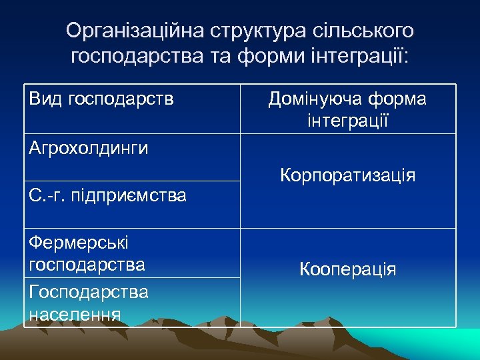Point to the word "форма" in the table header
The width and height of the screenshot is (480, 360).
pyautogui.click(x=399, y=99)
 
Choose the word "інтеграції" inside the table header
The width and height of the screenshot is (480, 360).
pyautogui.click(x=348, y=121)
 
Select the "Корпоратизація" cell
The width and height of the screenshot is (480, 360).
pyautogui.click(x=348, y=176)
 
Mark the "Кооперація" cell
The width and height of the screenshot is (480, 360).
pyautogui.click(x=348, y=269)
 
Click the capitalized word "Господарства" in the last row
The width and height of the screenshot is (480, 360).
pyautogui.click(x=89, y=292)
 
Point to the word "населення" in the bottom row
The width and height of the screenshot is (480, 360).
pyautogui.click(x=75, y=313)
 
